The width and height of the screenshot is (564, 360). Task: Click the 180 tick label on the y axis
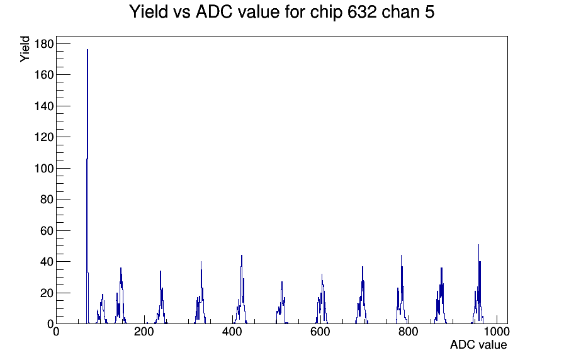pyautogui.click(x=44, y=44)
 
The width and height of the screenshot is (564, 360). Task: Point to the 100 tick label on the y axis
pyautogui.click(x=44, y=168)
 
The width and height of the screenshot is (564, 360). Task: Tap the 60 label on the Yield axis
pyautogui.click(x=47, y=230)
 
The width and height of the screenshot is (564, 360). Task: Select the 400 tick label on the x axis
pyautogui.click(x=232, y=332)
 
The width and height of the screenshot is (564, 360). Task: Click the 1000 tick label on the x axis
pyautogui.click(x=497, y=332)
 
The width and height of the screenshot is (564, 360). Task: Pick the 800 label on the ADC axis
pyautogui.click(x=409, y=332)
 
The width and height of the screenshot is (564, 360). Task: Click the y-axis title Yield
pyautogui.click(x=25, y=49)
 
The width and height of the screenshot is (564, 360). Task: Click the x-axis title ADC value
pyautogui.click(x=478, y=345)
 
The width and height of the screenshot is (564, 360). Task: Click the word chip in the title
pyautogui.click(x=326, y=13)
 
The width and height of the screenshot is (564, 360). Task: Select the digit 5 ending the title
pyautogui.click(x=430, y=12)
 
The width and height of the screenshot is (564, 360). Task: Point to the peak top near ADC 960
pyautogui.click(x=478, y=245)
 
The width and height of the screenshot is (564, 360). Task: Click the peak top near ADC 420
pyautogui.click(x=242, y=256)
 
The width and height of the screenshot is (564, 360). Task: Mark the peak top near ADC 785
pyautogui.click(x=401, y=256)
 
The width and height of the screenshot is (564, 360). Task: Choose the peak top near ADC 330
pyautogui.click(x=201, y=262)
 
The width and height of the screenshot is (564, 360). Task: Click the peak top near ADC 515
pyautogui.click(x=282, y=283)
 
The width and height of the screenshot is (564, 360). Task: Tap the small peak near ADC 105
pyautogui.click(x=103, y=295)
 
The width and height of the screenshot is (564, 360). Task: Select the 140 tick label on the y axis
pyautogui.click(x=44, y=106)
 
